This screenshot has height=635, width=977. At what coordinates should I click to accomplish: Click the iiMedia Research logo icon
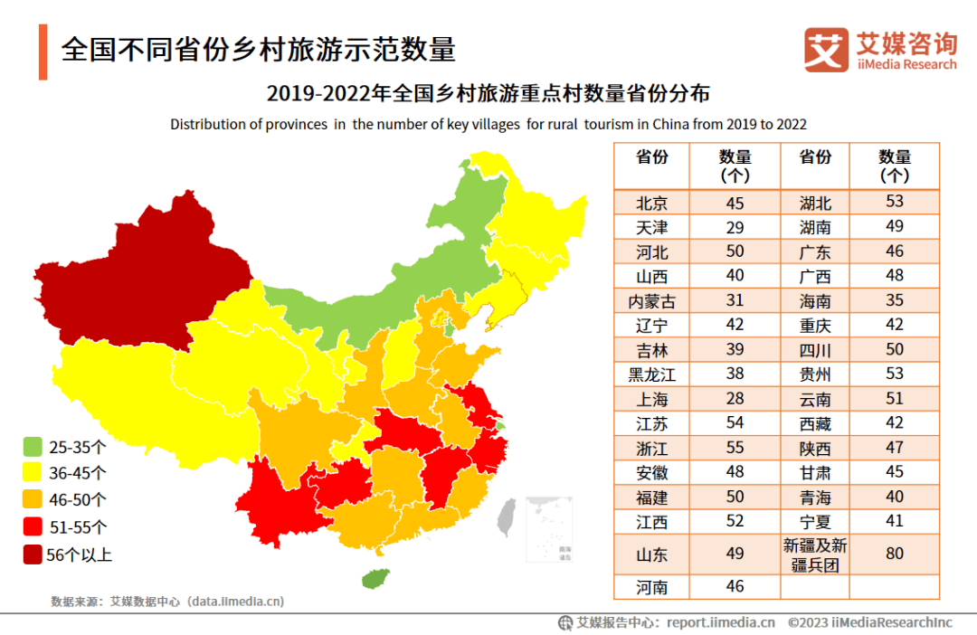coord(826,50)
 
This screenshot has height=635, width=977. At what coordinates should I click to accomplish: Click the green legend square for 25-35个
coord(33,446)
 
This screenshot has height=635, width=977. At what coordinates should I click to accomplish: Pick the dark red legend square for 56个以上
coord(33,554)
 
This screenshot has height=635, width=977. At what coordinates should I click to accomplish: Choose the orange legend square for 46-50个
coord(33,499)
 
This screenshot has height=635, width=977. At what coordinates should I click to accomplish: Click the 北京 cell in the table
coord(651,203)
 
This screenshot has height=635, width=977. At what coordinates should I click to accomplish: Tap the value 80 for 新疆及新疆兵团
coord(894,553)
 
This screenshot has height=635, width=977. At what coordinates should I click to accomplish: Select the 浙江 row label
coord(651,448)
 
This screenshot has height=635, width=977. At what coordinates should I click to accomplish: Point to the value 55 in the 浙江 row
coord(735,448)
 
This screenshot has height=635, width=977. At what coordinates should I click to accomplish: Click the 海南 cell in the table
coord(815,301)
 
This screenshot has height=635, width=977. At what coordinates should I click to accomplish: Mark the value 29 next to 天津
coord(735,227)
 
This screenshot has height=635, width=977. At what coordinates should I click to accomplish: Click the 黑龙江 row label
coord(651,374)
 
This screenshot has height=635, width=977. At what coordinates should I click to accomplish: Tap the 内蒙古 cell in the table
coord(651,301)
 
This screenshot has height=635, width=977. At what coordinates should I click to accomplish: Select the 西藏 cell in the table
coord(815,423)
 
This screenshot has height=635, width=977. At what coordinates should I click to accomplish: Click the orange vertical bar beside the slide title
coord(43,52)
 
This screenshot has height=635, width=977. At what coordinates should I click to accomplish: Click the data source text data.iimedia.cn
coord(235,601)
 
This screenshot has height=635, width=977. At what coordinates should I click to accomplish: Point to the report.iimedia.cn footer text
coord(721,622)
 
